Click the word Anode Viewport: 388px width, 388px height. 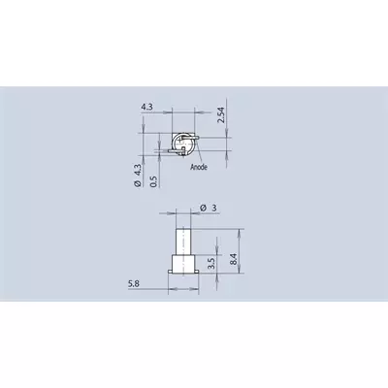tap(199, 167)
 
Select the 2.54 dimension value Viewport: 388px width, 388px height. tap(221, 115)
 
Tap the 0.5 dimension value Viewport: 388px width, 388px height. tap(154, 181)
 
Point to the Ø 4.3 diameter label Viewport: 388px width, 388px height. tap(138, 176)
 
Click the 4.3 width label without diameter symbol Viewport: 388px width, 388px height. tap(146, 107)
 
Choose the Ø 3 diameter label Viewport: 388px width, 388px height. tap(209, 208)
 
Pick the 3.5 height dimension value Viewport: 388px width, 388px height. tap(211, 264)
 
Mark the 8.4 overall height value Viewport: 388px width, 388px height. tap(234, 260)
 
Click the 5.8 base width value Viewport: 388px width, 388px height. tap(134, 284)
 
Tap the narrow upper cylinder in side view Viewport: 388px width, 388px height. tap(183, 242)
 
